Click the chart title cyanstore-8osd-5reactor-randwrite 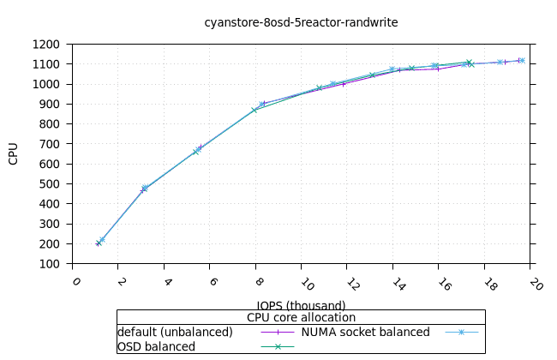(x=301, y=22)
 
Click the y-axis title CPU (x=14, y=154)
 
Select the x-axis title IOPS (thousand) (x=301, y=305)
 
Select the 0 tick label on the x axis (x=76, y=282)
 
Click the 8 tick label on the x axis (x=259, y=282)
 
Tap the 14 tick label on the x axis (x=394, y=283)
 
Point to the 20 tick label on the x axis (x=531, y=283)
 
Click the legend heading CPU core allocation (x=301, y=317)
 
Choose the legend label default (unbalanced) (x=175, y=332)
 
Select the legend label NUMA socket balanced (x=366, y=332)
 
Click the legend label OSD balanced (x=156, y=346)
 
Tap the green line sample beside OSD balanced (x=277, y=346)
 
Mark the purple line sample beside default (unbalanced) (x=277, y=332)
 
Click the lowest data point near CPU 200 (x=99, y=243)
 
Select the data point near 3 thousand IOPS (x=144, y=189)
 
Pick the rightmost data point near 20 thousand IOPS (x=521, y=60)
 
